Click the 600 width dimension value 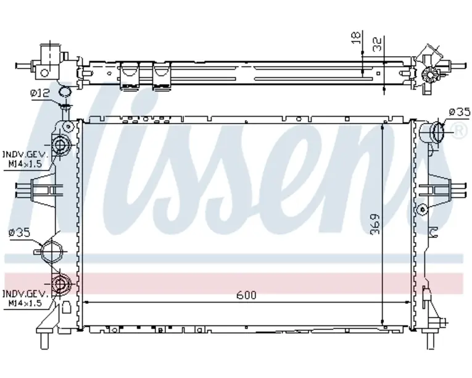[x=246, y=295]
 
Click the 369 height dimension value [x=375, y=224]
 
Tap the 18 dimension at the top [x=356, y=38]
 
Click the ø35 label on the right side [x=460, y=112]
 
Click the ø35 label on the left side [x=20, y=232]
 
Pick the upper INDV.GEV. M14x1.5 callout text [x=25, y=159]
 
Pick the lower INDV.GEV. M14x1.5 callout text [x=25, y=298]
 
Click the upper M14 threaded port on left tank [x=60, y=145]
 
